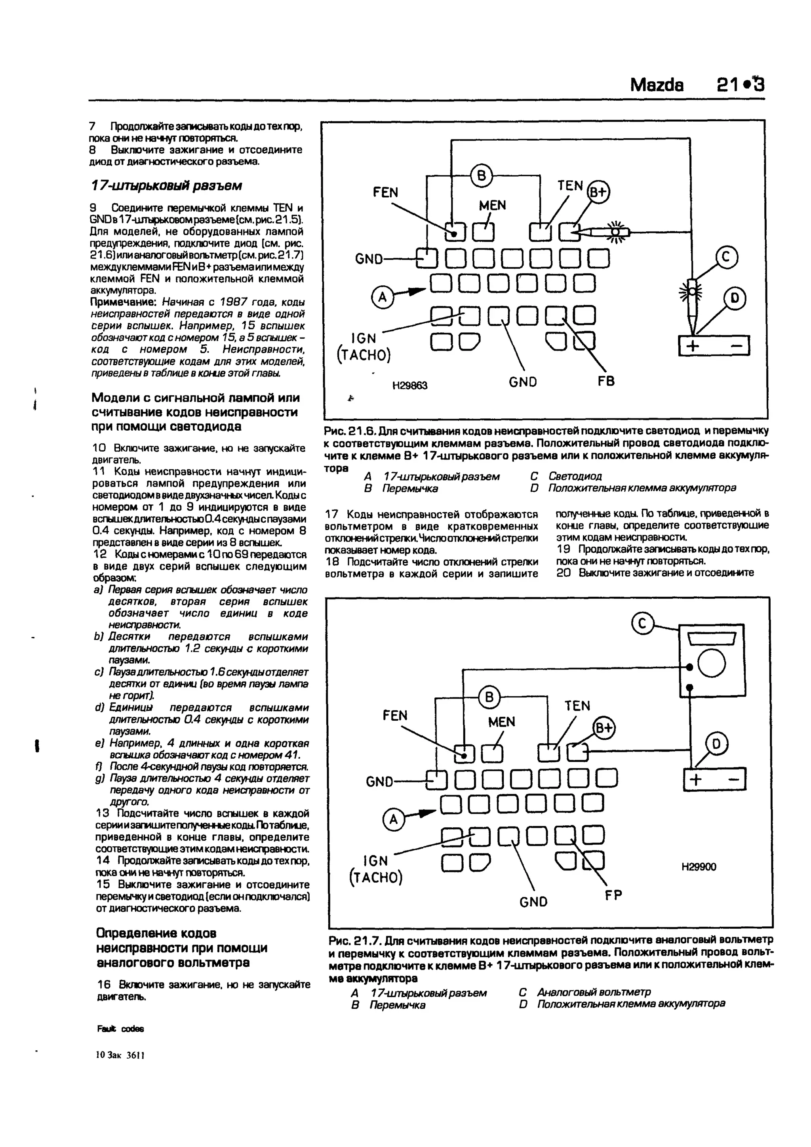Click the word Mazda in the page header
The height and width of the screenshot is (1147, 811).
coord(656,85)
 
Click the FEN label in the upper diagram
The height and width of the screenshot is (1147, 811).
coord(386,192)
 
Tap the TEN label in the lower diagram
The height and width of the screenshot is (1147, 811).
coord(577,706)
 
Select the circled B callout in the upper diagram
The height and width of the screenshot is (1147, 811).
coord(482,176)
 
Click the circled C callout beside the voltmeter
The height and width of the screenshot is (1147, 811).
coord(643,624)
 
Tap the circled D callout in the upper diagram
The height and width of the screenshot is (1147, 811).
coord(735,299)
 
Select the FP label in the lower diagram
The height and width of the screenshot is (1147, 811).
coord(613,896)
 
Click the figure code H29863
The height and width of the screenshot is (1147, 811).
coord(409,386)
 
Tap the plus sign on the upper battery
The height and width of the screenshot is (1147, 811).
coord(693,346)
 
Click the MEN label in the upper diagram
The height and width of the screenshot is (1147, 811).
coord(492,205)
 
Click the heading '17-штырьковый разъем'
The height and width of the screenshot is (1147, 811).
coord(167,186)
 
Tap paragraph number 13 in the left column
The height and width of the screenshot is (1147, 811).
coord(103,813)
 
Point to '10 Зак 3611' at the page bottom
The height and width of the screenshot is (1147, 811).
coord(120,1055)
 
